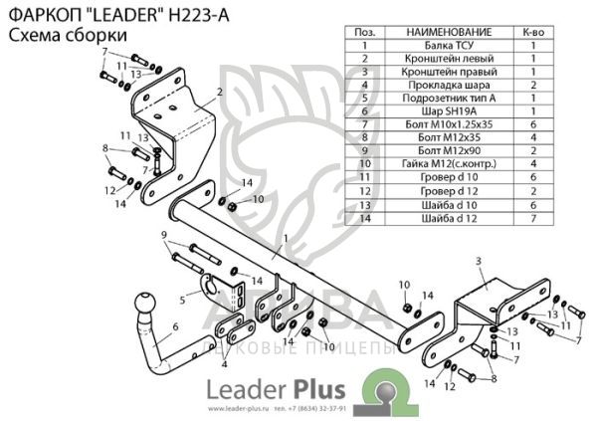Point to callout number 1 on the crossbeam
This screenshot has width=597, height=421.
285,239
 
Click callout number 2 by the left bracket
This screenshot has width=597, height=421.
218,92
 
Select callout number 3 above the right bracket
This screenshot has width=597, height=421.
478,260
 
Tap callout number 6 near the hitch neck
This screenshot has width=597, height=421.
175,326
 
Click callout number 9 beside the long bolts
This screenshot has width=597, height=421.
164,234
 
